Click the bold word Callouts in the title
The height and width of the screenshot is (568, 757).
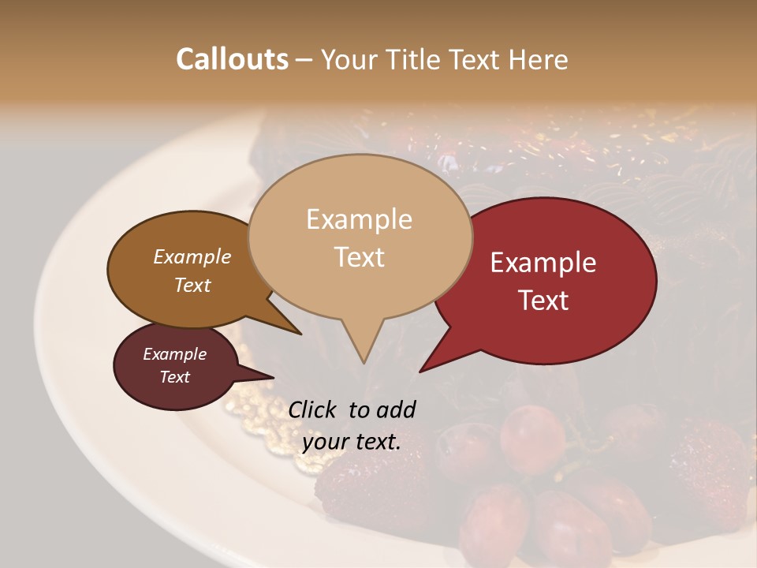coord(232,59)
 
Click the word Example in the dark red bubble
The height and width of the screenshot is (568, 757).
coord(543,263)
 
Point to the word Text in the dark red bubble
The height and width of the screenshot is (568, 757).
coord(543,301)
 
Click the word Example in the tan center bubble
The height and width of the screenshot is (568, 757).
coord(359,219)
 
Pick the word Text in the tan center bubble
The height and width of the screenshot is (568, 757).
coord(359,257)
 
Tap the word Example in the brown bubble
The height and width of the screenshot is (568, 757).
coord(192,257)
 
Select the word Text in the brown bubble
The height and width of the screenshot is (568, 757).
coord(192,285)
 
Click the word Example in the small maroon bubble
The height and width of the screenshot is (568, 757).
coord(174,354)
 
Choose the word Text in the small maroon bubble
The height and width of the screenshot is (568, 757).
coord(174,377)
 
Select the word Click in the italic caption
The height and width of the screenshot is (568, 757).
coord(313,409)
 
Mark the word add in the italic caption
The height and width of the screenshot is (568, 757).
coord(396,409)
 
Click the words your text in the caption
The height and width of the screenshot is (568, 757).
coord(351,442)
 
